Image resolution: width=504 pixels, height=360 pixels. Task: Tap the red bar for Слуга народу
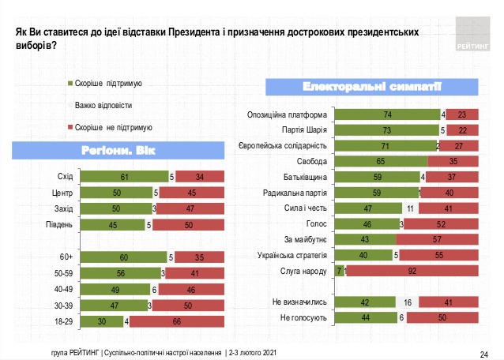tap(412, 271)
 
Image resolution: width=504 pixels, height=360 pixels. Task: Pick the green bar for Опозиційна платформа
tap(387, 115)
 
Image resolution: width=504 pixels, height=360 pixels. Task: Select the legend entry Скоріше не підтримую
tap(113, 126)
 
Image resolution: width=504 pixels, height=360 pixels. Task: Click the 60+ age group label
tap(67, 256)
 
